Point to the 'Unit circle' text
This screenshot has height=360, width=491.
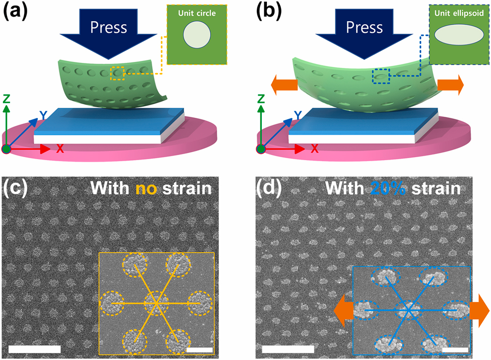[196, 14]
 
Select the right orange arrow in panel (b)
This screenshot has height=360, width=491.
[450, 85]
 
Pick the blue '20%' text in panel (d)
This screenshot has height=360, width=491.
[388, 189]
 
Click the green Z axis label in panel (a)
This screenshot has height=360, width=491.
[7, 97]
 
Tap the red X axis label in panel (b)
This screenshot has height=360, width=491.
[315, 149]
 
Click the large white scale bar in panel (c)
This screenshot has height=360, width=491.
[35, 349]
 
